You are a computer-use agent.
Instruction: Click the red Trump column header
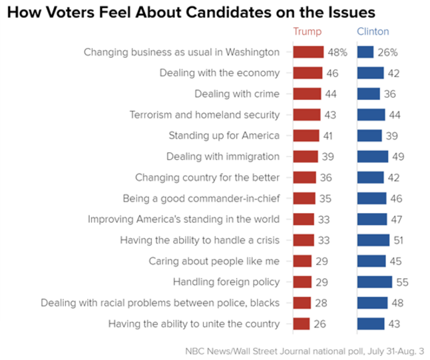[307, 32]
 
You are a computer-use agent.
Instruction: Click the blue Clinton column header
[373, 32]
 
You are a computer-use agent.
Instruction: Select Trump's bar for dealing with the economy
[307, 73]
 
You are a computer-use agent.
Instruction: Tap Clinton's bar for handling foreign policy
[374, 282]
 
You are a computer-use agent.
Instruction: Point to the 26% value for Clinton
[387, 52]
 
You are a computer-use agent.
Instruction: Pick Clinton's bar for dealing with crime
[368, 94]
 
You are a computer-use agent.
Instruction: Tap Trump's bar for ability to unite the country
[301, 324]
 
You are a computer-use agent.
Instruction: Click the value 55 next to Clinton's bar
[401, 282]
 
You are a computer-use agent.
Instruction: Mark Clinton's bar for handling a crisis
[373, 240]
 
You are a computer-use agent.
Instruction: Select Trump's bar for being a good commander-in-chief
[304, 198]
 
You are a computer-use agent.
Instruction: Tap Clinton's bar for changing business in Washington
[365, 52]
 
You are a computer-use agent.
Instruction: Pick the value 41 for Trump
[327, 136]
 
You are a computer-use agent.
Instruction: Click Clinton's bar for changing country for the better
[370, 178]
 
